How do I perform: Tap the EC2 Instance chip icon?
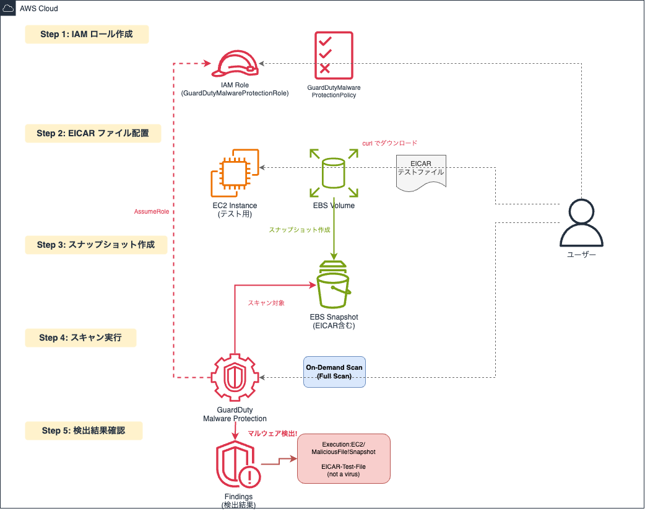pyautogui.click(x=235, y=173)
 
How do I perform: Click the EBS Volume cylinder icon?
pyautogui.click(x=334, y=172)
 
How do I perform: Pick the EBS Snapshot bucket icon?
pyautogui.click(x=334, y=285)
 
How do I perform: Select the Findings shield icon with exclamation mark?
pyautogui.click(x=238, y=466)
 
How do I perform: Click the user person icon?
pyautogui.click(x=581, y=222)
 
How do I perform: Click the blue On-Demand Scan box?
pyautogui.click(x=334, y=372)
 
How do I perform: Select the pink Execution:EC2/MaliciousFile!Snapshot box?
pyautogui.click(x=344, y=458)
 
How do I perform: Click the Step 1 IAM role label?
pyautogui.click(x=87, y=34)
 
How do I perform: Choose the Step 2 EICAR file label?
pyautogui.click(x=93, y=133)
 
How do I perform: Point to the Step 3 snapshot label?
pyautogui.click(x=97, y=245)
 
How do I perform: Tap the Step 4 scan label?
pyautogui.click(x=80, y=338)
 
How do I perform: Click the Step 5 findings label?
pyautogui.click(x=84, y=430)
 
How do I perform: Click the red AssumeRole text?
pyautogui.click(x=152, y=212)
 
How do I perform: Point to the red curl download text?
pyautogui.click(x=389, y=143)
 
